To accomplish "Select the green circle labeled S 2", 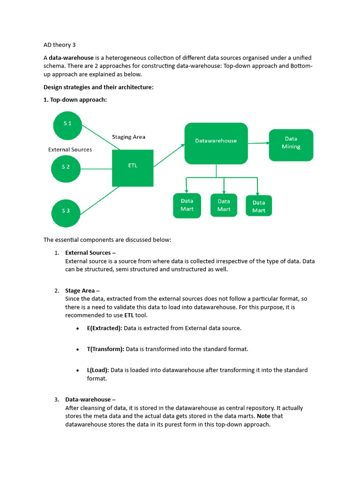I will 66,167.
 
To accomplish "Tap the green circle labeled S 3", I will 66,211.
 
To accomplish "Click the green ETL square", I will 133,168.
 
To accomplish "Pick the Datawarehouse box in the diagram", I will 216,143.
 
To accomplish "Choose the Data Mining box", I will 291,145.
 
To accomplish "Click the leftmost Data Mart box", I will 187,205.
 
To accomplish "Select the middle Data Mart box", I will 224,205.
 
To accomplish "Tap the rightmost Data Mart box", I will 259,206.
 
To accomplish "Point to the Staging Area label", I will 128,137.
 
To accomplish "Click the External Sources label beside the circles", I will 70,150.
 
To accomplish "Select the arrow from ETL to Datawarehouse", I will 169,156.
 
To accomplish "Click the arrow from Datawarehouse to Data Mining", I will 258,143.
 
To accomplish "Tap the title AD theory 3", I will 60,45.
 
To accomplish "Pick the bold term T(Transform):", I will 105,349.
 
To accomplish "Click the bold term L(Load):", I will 98,370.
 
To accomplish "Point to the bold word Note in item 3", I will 264,416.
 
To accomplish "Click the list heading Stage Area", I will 80,291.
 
